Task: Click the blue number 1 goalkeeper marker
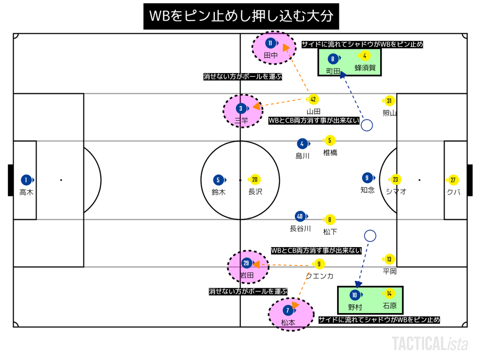pyautogui.click(x=26, y=180)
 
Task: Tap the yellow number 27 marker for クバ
pyautogui.click(x=453, y=180)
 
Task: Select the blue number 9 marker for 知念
pyautogui.click(x=367, y=178)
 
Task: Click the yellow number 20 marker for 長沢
pyautogui.click(x=255, y=180)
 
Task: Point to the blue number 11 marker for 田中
pyautogui.click(x=270, y=44)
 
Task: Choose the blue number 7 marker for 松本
pyautogui.click(x=287, y=310)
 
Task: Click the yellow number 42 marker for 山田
pyautogui.click(x=314, y=99)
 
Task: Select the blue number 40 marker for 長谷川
pyautogui.click(x=300, y=216)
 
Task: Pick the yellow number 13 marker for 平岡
pyautogui.click(x=389, y=259)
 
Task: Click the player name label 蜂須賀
pyautogui.click(x=365, y=68)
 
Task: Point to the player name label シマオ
pyautogui.click(x=396, y=191)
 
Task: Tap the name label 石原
pyautogui.click(x=390, y=306)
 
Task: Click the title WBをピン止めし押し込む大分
pyautogui.click(x=241, y=16)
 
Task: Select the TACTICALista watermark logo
pyautogui.click(x=430, y=344)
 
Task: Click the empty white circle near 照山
pyautogui.click(x=367, y=125)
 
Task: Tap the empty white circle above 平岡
pyautogui.click(x=370, y=236)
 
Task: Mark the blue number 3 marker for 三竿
pyautogui.click(x=241, y=109)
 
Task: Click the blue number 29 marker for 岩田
pyautogui.click(x=247, y=263)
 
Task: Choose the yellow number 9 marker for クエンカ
pyautogui.click(x=319, y=264)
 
